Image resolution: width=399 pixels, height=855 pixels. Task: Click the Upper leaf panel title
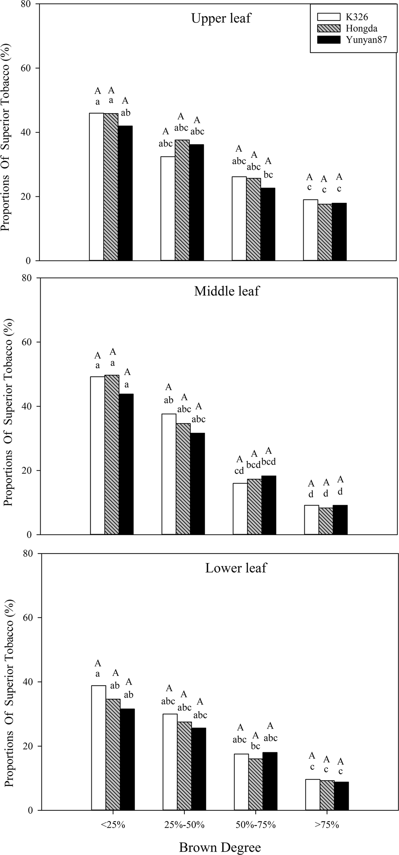pyautogui.click(x=221, y=18)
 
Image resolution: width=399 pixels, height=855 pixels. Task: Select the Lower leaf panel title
pyautogui.click(x=236, y=568)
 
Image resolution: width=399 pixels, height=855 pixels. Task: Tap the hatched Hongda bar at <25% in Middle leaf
pyautogui.click(x=112, y=454)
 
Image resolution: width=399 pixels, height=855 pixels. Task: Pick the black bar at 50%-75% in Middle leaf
pyautogui.click(x=269, y=505)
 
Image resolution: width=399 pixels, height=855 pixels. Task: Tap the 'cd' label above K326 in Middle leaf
pyautogui.click(x=239, y=471)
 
